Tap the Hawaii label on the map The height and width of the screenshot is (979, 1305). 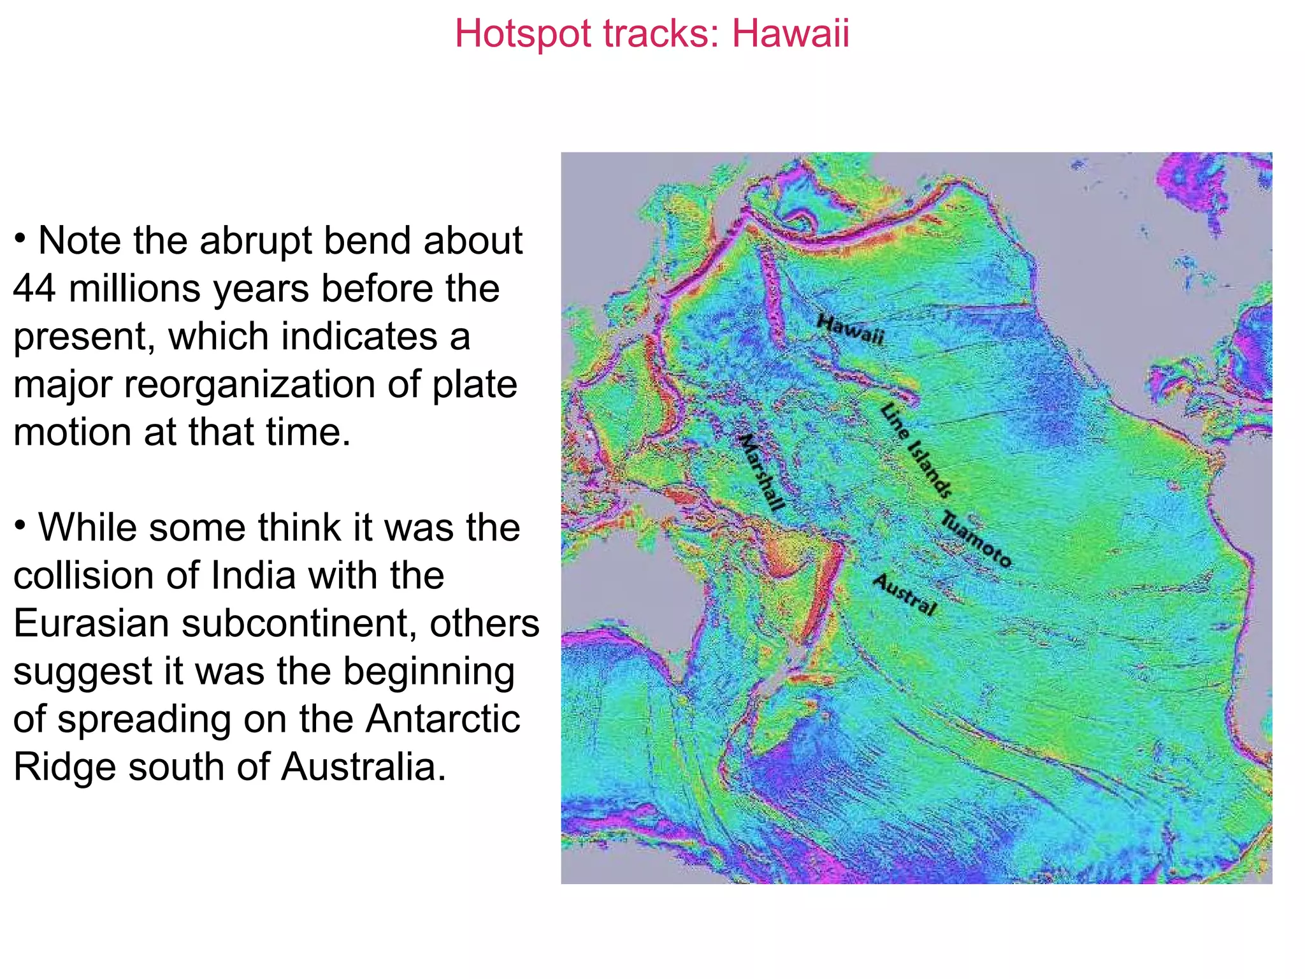[x=850, y=329]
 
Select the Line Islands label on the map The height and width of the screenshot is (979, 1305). [x=916, y=450]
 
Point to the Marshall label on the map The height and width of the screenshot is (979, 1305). [x=761, y=472]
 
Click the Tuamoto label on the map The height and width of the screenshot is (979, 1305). [x=976, y=539]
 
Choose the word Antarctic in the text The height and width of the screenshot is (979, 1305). [x=442, y=719]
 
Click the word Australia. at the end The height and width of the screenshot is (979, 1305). [x=364, y=767]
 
